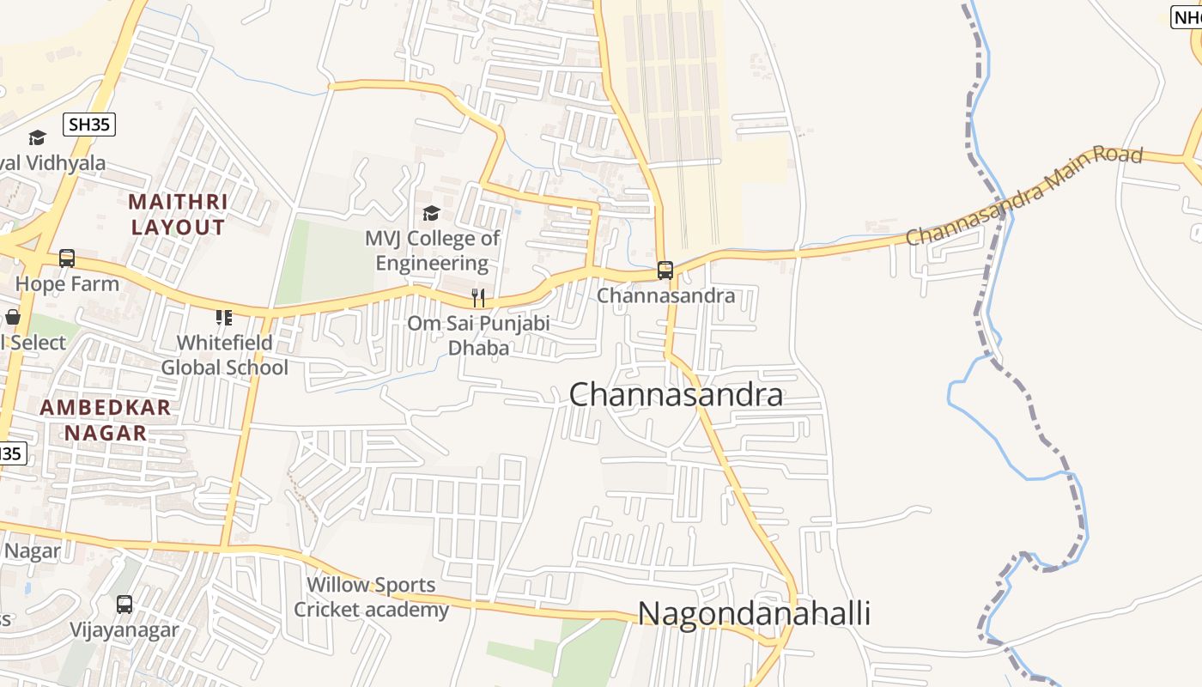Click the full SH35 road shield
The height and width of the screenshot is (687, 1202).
(x=89, y=125)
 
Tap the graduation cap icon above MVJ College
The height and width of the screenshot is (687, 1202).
(x=431, y=212)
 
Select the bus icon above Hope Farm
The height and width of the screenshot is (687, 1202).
(x=67, y=258)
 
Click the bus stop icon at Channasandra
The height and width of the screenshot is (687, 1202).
(x=665, y=271)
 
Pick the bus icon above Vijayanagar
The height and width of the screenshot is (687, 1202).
(x=124, y=604)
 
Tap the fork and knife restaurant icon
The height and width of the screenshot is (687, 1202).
(x=478, y=298)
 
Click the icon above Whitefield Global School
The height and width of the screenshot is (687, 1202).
(x=224, y=318)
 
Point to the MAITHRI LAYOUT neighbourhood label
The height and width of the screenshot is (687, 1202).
(x=178, y=215)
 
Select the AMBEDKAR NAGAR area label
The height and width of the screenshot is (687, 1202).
(x=106, y=420)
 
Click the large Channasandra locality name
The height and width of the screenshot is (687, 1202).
(x=676, y=395)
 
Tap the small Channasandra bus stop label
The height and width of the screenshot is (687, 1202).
(x=666, y=295)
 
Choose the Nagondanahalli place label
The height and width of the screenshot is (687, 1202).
(x=754, y=614)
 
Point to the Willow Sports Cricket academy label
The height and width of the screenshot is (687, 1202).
(x=371, y=598)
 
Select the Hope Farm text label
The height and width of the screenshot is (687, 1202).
(x=67, y=283)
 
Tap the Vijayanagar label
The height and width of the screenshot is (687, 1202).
(x=124, y=629)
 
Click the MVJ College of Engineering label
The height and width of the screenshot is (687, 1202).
(x=432, y=250)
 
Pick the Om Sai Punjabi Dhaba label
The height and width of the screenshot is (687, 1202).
(x=478, y=336)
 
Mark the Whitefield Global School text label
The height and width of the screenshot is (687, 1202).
(x=225, y=355)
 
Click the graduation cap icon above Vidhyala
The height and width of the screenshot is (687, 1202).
(x=37, y=137)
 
